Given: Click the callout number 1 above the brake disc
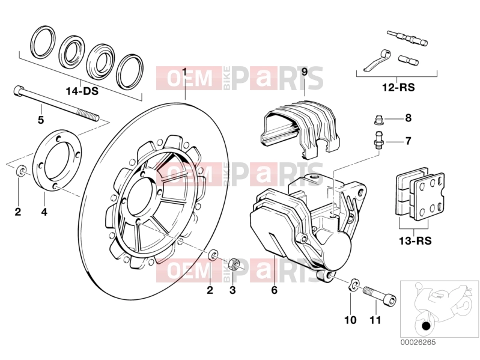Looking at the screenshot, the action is click(x=184, y=72).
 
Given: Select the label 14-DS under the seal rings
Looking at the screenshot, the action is click(x=82, y=91).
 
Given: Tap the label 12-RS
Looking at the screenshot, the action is click(x=398, y=88).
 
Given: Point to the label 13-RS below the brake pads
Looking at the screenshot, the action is click(x=415, y=240).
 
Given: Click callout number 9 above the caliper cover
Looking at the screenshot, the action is click(x=305, y=72).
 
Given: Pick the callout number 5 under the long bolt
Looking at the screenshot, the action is click(x=41, y=120).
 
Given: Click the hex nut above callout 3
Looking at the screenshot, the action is click(x=234, y=264).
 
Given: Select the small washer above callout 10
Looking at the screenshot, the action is click(x=354, y=284).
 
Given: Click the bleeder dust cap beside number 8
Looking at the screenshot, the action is click(x=378, y=120).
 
